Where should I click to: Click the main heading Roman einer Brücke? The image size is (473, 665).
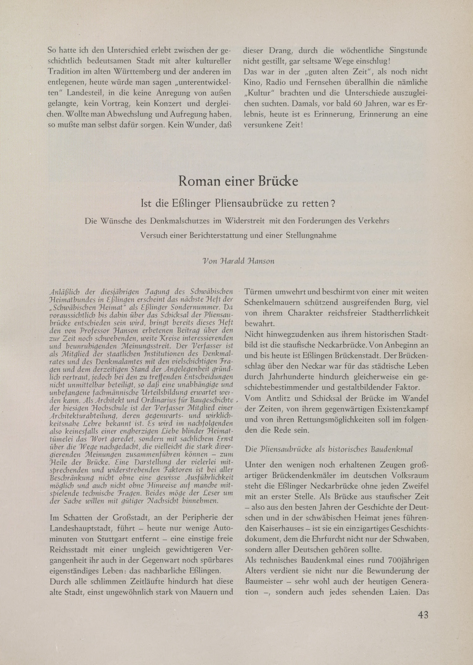tap(238, 181)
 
